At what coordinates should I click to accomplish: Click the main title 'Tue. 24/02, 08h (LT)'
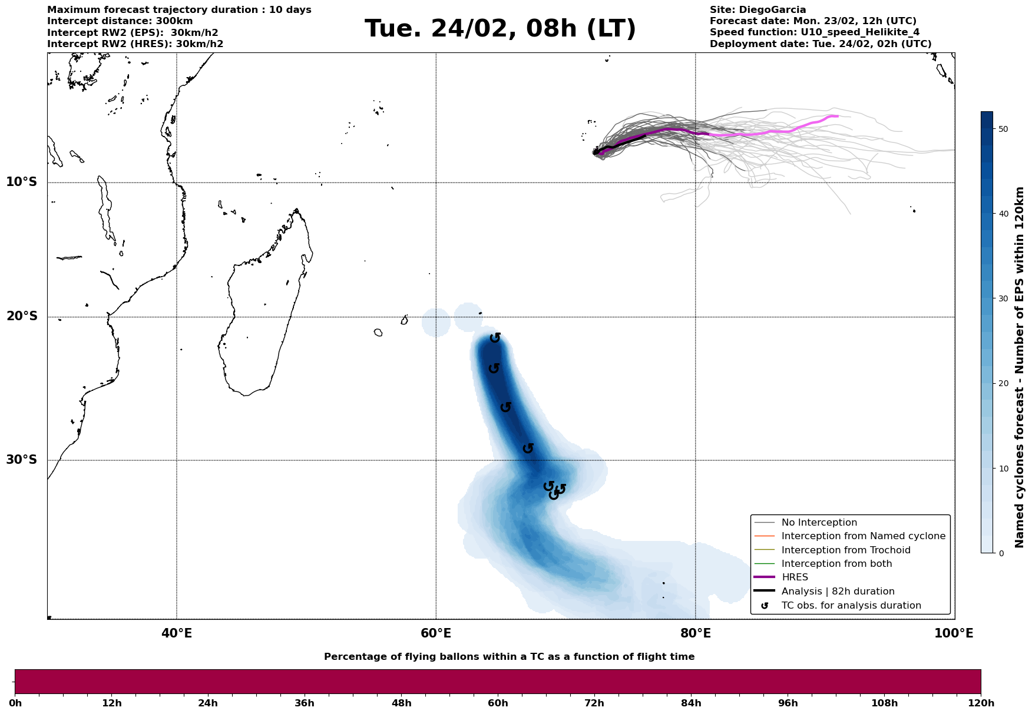(500, 29)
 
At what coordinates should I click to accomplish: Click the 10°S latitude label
(22, 182)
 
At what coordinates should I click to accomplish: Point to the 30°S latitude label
(22, 460)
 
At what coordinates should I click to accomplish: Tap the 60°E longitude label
(436, 633)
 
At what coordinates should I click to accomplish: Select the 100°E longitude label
(954, 633)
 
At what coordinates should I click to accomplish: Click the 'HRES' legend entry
(795, 577)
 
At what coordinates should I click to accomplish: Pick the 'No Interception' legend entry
(819, 523)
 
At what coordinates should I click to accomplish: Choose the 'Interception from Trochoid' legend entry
(845, 550)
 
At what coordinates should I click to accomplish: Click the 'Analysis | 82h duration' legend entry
(838, 592)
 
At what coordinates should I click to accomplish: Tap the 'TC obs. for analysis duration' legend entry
(851, 606)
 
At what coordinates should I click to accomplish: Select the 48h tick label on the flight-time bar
(401, 703)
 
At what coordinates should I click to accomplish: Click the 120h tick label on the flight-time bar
(980, 703)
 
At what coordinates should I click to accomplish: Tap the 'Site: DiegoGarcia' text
(758, 10)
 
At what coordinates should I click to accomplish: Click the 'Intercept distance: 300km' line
(120, 21)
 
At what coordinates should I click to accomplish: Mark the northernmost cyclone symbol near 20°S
(495, 338)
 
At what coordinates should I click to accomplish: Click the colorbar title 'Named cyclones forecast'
(1020, 367)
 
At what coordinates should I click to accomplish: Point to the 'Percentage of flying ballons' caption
(509, 657)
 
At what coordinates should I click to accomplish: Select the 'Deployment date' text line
(821, 44)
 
